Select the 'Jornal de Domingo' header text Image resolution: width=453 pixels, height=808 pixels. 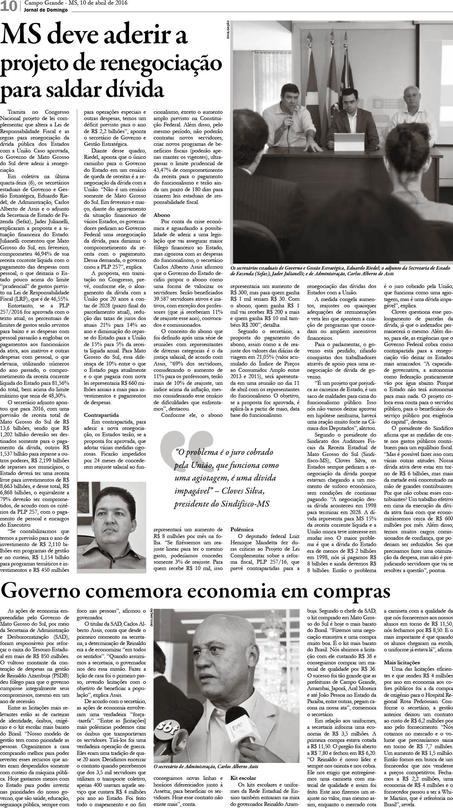46,10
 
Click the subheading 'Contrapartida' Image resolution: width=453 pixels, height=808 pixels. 101,307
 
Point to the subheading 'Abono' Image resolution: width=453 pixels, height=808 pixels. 162,215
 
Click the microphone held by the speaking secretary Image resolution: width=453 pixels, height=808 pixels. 291,113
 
